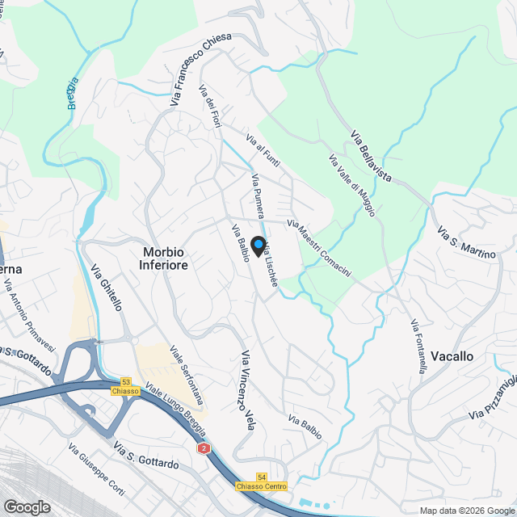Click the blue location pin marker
click(x=258, y=246)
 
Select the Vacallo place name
click(x=452, y=355)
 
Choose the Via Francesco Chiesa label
click(x=201, y=69)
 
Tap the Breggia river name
click(x=73, y=92)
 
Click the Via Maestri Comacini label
click(x=319, y=250)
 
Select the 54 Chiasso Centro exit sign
click(x=262, y=482)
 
